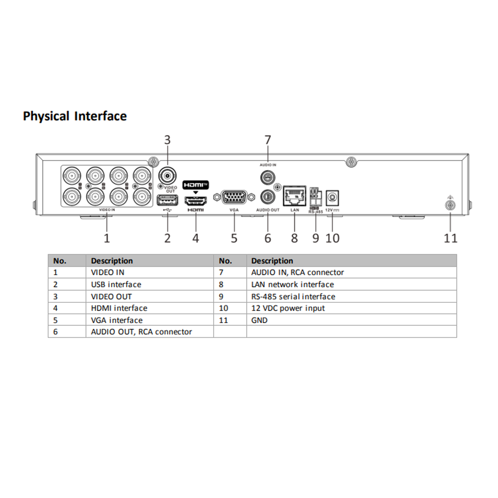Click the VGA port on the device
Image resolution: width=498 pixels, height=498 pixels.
click(x=234, y=197)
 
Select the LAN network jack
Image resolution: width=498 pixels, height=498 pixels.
click(x=294, y=196)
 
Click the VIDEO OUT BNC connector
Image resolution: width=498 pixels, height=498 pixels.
click(x=167, y=175)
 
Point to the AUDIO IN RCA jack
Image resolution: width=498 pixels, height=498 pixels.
click(x=268, y=177)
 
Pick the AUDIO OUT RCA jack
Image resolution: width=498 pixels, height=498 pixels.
click(x=268, y=197)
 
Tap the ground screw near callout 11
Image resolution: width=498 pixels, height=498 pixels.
click(x=450, y=205)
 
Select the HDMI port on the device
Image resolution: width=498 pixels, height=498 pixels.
click(x=196, y=200)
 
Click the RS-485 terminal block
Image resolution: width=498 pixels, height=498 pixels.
click(x=316, y=196)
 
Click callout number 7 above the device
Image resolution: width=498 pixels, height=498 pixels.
click(x=268, y=140)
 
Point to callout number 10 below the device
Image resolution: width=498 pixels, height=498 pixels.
click(x=332, y=238)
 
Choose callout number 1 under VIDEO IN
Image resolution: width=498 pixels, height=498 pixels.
click(x=107, y=238)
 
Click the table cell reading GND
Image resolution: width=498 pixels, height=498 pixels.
click(x=259, y=320)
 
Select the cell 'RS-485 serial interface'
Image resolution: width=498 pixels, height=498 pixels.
click(x=293, y=297)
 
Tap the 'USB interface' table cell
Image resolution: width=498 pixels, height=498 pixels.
click(x=116, y=284)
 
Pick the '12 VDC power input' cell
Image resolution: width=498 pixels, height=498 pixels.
click(x=288, y=308)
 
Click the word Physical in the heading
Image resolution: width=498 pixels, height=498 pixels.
click(x=46, y=116)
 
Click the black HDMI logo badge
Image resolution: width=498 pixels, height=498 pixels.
click(x=196, y=185)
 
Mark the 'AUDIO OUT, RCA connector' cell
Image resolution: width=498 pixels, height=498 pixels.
click(x=141, y=332)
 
